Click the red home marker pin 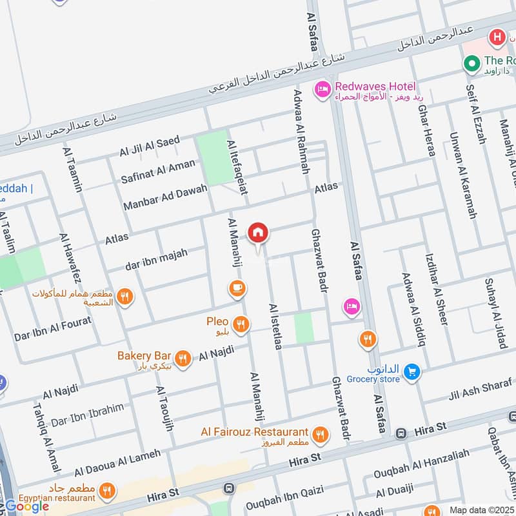pyautogui.click(x=258, y=233)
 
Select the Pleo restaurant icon pyautogui.click(x=242, y=325)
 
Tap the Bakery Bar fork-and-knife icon pyautogui.click(x=183, y=359)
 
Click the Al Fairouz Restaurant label pyautogui.click(x=254, y=432)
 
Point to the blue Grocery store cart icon pyautogui.click(x=413, y=372)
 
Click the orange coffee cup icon pyautogui.click(x=237, y=288)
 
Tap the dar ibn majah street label pyautogui.click(x=157, y=259)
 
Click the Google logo pyautogui.click(x=27, y=506)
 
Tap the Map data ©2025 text pyautogui.click(x=479, y=510)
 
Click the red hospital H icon pyautogui.click(x=497, y=36)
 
